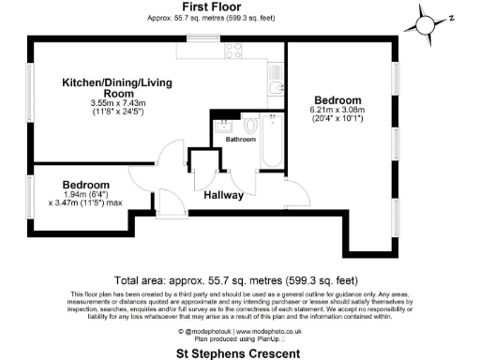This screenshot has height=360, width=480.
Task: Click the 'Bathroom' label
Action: (239, 139)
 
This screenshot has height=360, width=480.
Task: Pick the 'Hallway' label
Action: (224, 195)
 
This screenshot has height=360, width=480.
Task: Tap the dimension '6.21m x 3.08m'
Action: (337, 112)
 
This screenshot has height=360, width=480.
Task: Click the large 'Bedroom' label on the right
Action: (337, 99)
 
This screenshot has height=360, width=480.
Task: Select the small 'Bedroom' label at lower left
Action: (86, 185)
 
